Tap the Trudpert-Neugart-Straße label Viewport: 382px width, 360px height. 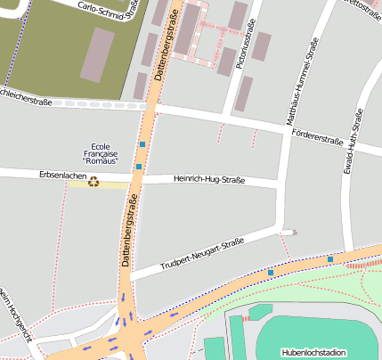tap(202, 254)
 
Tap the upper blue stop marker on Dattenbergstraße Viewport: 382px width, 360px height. tap(142, 143)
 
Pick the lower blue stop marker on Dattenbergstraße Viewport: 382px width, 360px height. tap(139, 167)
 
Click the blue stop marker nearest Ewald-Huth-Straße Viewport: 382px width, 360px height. tap(329, 258)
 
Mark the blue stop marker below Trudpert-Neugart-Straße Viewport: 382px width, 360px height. tap(271, 271)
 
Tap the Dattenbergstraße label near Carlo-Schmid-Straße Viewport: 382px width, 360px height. tap(166, 45)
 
